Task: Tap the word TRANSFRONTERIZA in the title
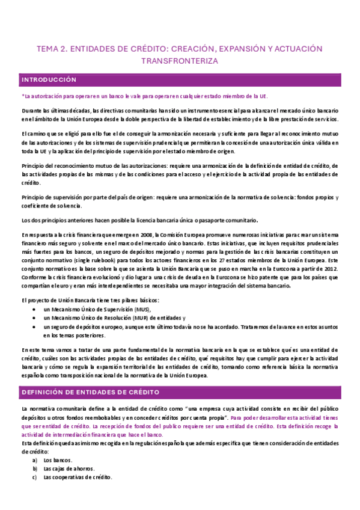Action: click(x=180, y=61)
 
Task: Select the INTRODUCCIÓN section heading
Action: click(x=49, y=79)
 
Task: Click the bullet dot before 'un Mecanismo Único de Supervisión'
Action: click(x=35, y=309)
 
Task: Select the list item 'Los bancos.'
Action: click(x=59, y=460)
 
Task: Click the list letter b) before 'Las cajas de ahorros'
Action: click(x=35, y=469)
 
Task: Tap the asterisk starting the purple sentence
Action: click(x=22, y=96)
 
